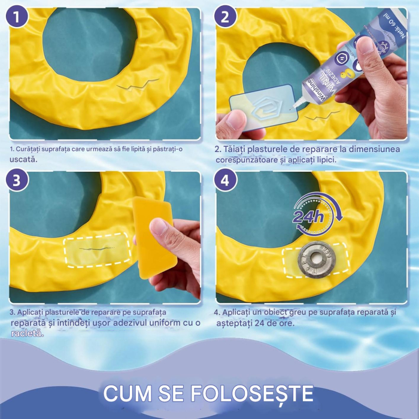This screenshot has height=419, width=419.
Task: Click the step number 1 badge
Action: (x=19, y=17)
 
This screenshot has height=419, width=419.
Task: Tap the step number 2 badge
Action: (x=225, y=17)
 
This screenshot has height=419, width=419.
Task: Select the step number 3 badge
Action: (x=19, y=180)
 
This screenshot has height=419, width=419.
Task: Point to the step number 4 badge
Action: (x=225, y=180)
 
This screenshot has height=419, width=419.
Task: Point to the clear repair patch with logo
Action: (x=260, y=105)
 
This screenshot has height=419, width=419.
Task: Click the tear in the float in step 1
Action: (x=139, y=84)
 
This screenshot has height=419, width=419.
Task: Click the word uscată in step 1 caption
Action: (x=22, y=160)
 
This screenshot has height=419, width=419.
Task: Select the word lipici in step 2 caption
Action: (x=323, y=160)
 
